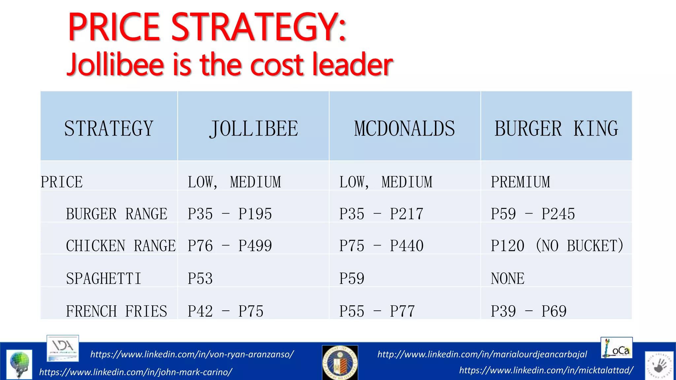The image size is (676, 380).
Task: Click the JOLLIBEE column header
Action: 253,128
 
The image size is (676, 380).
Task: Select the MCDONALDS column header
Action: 404,128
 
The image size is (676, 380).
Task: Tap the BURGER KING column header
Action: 556,128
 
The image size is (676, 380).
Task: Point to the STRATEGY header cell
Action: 109,128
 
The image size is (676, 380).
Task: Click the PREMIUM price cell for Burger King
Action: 521,182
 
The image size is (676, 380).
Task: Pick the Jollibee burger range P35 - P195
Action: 230,214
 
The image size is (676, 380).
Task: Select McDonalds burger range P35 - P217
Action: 381,214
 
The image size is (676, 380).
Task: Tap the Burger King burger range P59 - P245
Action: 533,214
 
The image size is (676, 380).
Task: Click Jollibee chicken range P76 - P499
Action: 230,246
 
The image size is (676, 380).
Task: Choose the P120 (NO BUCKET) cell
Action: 557,246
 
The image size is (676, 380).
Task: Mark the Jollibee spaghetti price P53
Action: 200,278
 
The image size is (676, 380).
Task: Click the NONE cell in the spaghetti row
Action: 507,278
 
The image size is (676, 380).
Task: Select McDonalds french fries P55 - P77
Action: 377,311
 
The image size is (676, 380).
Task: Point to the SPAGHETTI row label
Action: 104,278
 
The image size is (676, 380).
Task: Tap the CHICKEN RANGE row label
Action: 120,246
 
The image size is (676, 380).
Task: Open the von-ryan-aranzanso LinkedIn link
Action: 192,354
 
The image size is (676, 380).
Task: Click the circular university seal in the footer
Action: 340,363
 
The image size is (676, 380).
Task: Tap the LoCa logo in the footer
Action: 616,348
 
